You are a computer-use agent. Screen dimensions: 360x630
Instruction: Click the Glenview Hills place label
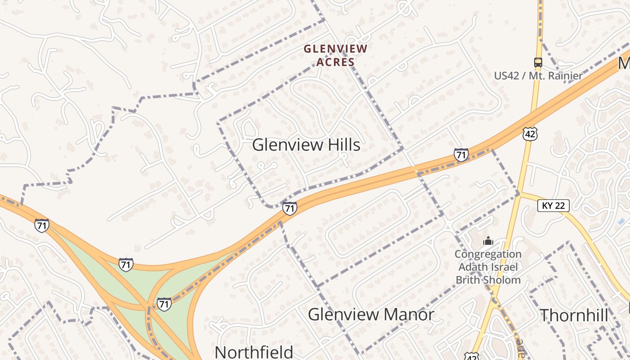point(306,145)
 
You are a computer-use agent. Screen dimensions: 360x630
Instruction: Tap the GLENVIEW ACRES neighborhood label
point(336,55)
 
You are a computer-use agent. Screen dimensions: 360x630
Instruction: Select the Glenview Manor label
point(371,314)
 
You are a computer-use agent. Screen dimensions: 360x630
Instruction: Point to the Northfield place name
point(254,352)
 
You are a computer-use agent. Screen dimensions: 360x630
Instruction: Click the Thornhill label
point(574,315)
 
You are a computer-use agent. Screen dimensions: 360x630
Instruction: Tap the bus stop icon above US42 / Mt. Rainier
point(538,62)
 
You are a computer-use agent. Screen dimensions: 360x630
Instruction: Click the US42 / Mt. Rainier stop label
point(538,76)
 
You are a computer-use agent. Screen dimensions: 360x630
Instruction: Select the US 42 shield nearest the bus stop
point(530,134)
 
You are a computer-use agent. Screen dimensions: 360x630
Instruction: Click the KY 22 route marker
point(553,206)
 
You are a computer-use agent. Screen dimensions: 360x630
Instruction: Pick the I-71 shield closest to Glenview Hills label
point(290,208)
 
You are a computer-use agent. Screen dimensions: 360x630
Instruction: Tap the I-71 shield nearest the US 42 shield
point(461,155)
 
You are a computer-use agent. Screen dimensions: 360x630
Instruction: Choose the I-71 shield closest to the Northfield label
point(164,304)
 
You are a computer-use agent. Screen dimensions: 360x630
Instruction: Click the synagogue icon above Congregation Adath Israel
point(488,241)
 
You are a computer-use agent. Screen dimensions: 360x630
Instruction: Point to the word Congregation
point(488,254)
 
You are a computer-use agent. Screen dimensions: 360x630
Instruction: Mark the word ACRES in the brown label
point(336,62)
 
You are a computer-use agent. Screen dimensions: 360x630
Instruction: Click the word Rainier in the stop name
point(564,76)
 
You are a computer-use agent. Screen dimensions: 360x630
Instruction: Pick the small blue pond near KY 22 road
point(621,221)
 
